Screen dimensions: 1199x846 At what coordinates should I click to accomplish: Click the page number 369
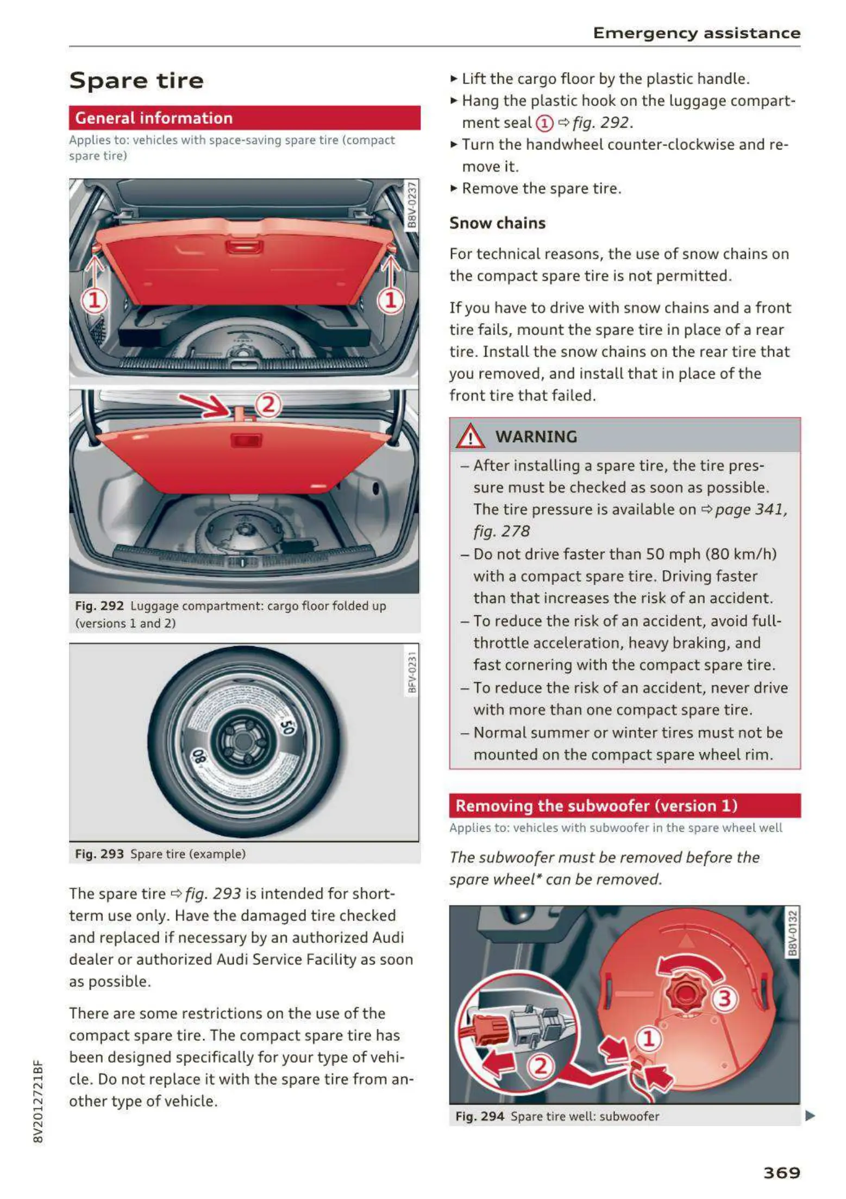[781, 1172]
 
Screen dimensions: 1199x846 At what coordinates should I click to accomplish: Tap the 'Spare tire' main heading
[136, 81]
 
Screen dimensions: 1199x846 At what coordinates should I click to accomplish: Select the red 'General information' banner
[245, 118]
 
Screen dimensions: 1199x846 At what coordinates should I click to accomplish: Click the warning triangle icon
[470, 436]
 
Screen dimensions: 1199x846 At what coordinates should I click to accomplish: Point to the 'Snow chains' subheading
[497, 223]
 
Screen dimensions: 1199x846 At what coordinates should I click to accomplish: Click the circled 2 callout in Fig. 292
[268, 405]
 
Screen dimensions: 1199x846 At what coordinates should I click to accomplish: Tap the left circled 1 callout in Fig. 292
[95, 300]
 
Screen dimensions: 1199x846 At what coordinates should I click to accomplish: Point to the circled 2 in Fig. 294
[541, 1066]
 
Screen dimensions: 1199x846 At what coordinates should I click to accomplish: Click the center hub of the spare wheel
[243, 741]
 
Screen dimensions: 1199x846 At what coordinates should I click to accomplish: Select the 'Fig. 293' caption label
[99, 854]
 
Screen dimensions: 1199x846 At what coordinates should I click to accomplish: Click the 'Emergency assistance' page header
[697, 33]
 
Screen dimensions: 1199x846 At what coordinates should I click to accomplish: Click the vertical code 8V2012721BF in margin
[37, 1101]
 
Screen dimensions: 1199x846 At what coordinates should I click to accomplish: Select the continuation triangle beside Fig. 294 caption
[810, 1116]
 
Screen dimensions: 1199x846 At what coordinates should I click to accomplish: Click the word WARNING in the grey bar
[536, 437]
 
